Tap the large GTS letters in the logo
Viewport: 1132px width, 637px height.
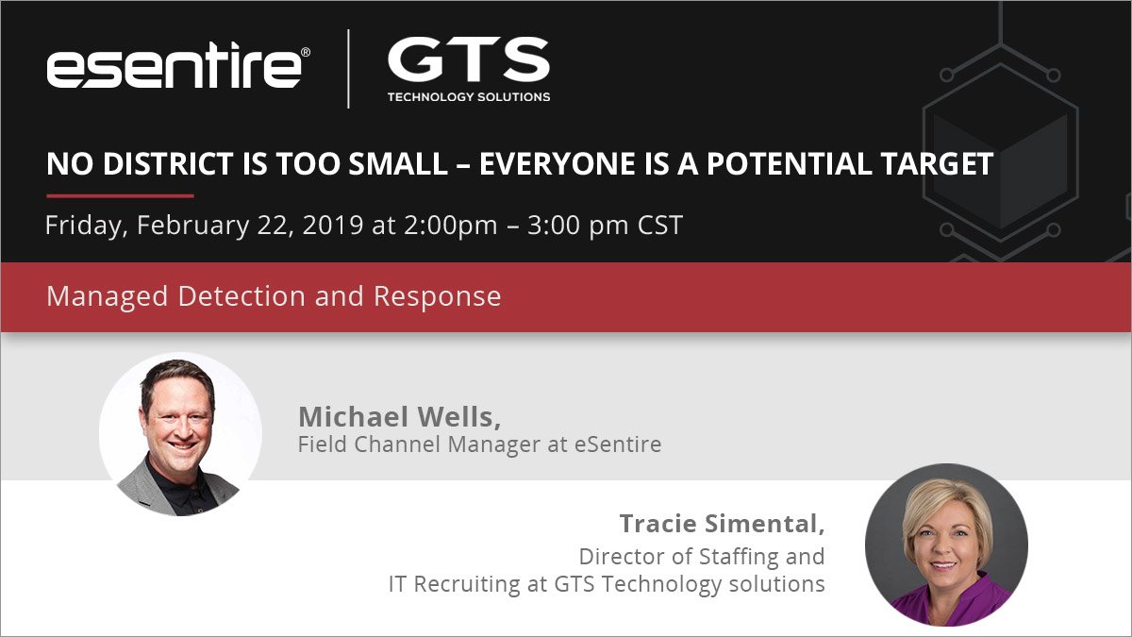coord(468,62)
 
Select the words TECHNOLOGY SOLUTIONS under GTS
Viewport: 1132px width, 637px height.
coord(469,97)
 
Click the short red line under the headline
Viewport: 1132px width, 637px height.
coord(120,195)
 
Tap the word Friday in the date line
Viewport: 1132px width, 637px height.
coord(85,226)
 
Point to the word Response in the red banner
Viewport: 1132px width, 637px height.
coord(437,296)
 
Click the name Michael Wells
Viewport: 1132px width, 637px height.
coord(399,416)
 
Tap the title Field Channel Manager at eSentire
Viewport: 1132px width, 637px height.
coord(479,444)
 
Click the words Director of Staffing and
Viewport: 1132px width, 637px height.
coord(702,556)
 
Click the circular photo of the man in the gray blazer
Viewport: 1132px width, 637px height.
coord(180,434)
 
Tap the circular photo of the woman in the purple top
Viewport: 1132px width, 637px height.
coord(946,545)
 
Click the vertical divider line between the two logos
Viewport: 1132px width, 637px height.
coord(348,68)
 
